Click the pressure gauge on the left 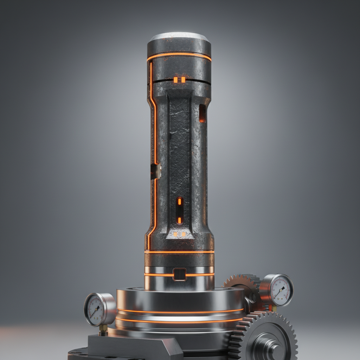click(x=95, y=310)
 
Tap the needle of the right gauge click(x=281, y=291)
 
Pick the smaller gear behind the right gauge click(x=243, y=285)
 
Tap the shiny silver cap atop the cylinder click(x=179, y=37)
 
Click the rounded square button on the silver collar click(x=180, y=274)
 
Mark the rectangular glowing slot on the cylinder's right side click(x=202, y=113)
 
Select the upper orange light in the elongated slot click(x=179, y=201)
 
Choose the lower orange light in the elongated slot click(x=179, y=220)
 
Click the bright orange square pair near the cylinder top click(x=179, y=80)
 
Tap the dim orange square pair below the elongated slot click(x=179, y=234)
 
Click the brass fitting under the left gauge click(x=103, y=329)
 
